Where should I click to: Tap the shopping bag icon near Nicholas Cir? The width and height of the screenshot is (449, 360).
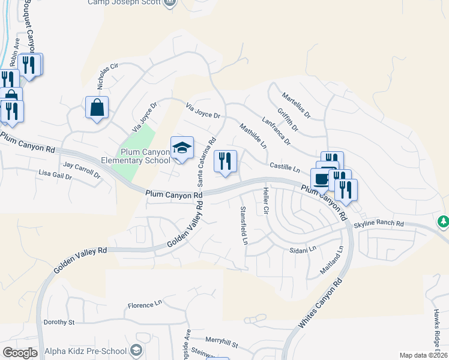pyautogui.click(x=97, y=108)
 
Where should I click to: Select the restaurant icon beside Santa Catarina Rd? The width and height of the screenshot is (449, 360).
pyautogui.click(x=225, y=161)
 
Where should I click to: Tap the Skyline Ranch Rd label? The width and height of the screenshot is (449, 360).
pyautogui.click(x=379, y=223)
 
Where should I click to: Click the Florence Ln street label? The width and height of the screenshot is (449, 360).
pyautogui.click(x=145, y=305)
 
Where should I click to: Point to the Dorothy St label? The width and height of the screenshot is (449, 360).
pyautogui.click(x=59, y=322)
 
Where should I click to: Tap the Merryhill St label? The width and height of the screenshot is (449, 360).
pyautogui.click(x=221, y=345)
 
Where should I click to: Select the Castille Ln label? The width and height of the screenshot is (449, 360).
pyautogui.click(x=284, y=167)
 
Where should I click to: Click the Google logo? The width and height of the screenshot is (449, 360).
pyautogui.click(x=20, y=353)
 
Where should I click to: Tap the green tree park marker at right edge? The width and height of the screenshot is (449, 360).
pyautogui.click(x=444, y=222)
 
